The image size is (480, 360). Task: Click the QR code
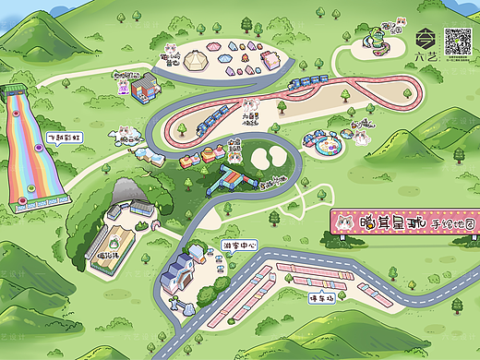[x=459, y=41]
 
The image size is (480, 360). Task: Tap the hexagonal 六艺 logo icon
[x=426, y=39]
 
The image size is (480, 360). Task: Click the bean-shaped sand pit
[x=268, y=159]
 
